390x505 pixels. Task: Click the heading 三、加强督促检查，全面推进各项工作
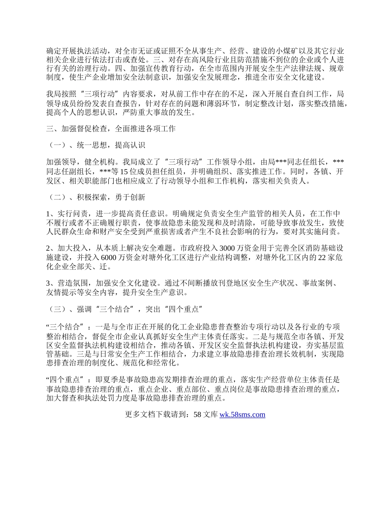click(111, 129)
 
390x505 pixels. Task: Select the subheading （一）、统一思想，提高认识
click(95, 145)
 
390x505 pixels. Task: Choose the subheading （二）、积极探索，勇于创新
click(95, 197)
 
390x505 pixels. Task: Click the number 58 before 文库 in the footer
click(197, 415)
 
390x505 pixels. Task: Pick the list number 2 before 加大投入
click(48, 248)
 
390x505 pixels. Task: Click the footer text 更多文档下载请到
click(156, 415)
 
